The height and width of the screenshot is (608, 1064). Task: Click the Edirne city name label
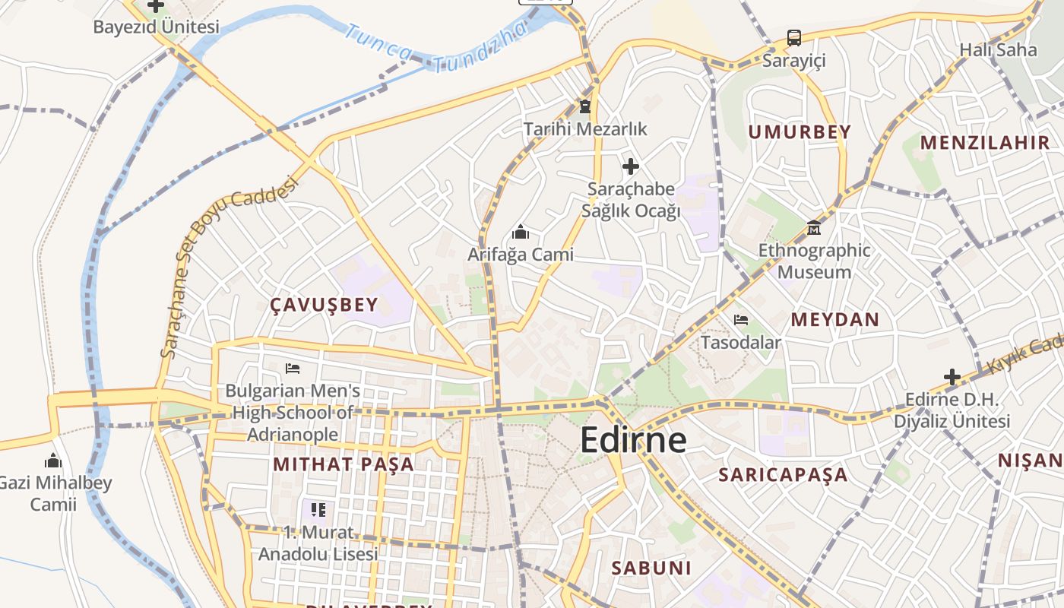point(633,440)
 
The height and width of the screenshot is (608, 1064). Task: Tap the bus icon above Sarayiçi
point(793,37)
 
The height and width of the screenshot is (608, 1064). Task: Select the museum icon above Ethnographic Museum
point(814,227)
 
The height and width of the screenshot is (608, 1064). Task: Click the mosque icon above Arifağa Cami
point(521,232)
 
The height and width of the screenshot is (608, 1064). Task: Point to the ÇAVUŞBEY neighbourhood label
point(324,306)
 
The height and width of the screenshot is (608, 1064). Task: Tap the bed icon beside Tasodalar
point(741,320)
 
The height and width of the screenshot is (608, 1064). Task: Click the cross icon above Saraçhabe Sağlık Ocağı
point(630,166)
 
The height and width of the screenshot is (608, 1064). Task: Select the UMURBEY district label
point(800,132)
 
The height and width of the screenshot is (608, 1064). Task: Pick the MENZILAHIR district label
point(985,142)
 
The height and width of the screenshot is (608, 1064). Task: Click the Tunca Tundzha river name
point(435,46)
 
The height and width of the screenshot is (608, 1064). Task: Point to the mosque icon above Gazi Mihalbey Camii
point(52,461)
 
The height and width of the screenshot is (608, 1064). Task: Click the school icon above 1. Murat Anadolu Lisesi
point(318,509)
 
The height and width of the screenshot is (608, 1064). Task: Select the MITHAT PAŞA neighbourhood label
point(344,464)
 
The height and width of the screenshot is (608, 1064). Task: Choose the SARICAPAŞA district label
point(783,475)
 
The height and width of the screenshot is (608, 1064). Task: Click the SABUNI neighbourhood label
point(651,568)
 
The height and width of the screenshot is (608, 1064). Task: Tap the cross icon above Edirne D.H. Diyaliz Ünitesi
point(952,376)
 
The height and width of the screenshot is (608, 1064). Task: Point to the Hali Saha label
point(998,50)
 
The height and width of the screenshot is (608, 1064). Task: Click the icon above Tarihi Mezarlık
point(584,106)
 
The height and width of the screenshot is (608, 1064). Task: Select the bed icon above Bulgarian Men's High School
point(293,369)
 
